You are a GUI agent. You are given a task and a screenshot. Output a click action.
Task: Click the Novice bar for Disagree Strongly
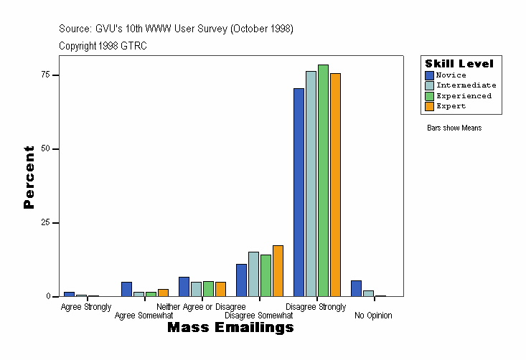pyautogui.click(x=299, y=192)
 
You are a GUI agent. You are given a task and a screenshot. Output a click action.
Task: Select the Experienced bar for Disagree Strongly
pyautogui.click(x=323, y=181)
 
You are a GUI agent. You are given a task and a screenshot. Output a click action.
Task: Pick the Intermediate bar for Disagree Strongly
pyautogui.click(x=311, y=184)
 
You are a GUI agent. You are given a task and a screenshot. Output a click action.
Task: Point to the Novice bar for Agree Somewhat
pyautogui.click(x=126, y=289)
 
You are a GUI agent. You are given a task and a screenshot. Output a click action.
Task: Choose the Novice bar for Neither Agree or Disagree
pyautogui.click(x=184, y=287)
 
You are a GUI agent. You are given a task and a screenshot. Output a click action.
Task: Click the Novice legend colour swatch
pyautogui.click(x=429, y=75)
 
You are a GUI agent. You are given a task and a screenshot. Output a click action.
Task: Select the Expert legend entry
pyautogui.click(x=451, y=106)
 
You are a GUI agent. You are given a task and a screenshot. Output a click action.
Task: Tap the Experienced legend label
pyautogui.click(x=464, y=95)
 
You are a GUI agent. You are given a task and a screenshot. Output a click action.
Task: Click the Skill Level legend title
pyautogui.click(x=459, y=64)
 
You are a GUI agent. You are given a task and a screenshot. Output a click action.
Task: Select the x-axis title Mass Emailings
pyautogui.click(x=230, y=328)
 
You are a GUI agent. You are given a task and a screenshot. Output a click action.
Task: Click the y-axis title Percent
pyautogui.click(x=29, y=177)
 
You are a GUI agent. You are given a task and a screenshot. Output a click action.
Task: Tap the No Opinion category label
pyautogui.click(x=373, y=316)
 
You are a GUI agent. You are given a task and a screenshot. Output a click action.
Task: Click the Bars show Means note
pyautogui.click(x=454, y=128)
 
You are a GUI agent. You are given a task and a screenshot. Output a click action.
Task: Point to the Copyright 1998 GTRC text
pyautogui.click(x=103, y=46)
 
